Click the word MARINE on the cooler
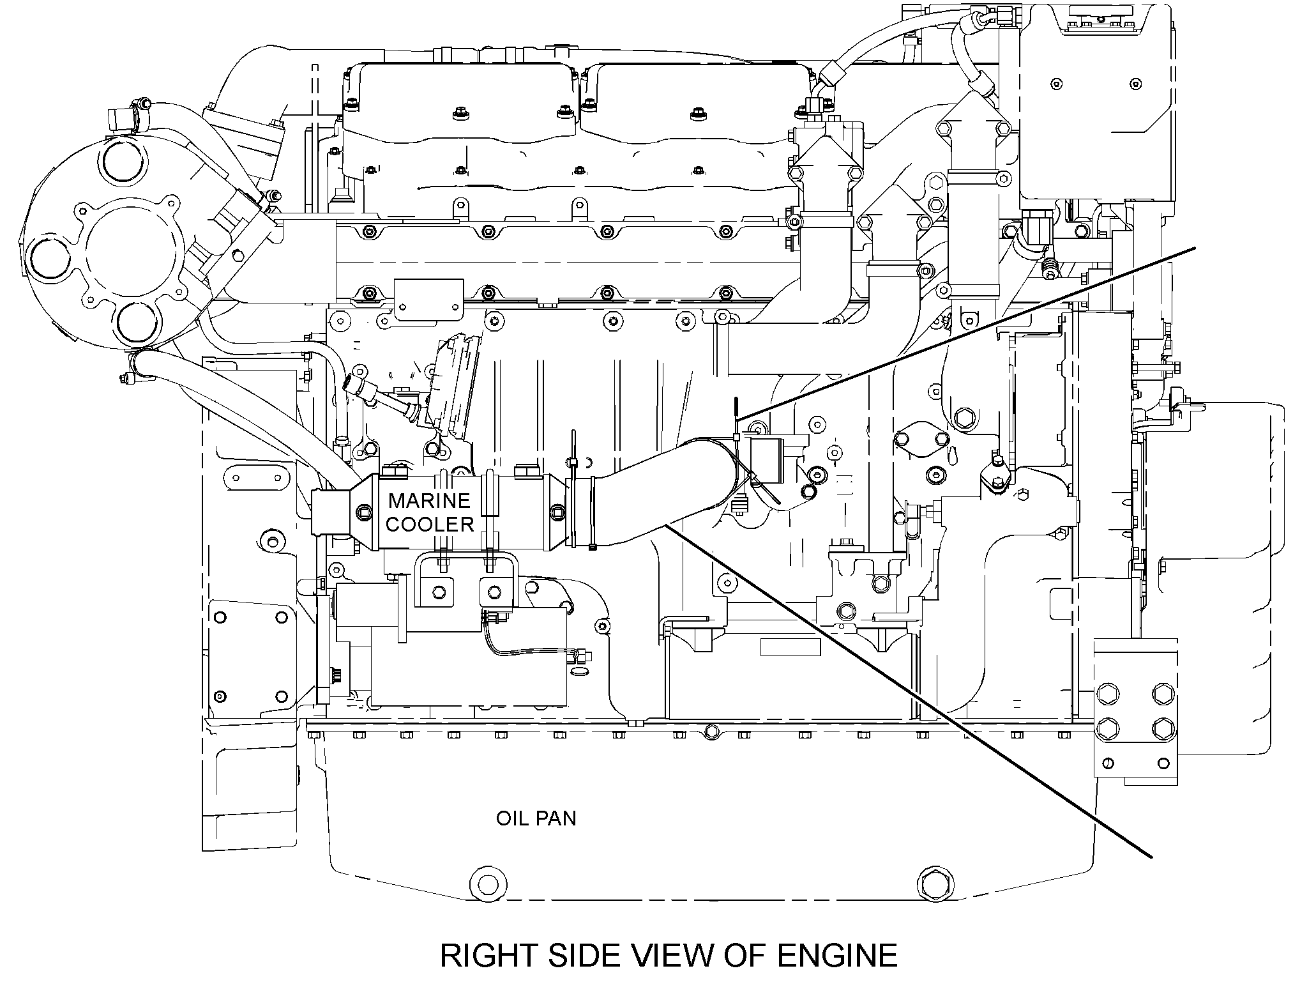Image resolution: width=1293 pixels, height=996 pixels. pyautogui.click(x=429, y=500)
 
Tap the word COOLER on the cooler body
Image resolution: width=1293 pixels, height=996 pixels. pyautogui.click(x=430, y=525)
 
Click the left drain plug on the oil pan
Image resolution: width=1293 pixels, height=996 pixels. pyautogui.click(x=488, y=884)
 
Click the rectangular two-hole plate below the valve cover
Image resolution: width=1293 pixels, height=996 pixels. pyautogui.click(x=428, y=299)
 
